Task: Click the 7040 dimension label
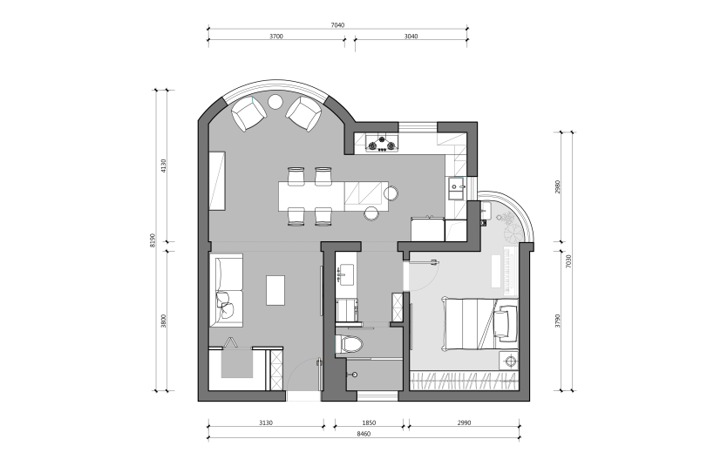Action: [337, 25]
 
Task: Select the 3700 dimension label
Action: [276, 37]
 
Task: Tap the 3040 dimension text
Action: [411, 37]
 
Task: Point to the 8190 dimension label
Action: [153, 240]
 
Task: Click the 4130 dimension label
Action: [163, 166]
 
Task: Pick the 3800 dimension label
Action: [163, 321]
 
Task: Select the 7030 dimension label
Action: [568, 261]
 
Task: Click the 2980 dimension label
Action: [558, 187]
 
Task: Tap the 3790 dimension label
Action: [558, 321]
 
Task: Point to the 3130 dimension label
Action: [266, 422]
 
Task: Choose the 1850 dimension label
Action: [369, 422]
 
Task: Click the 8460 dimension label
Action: [364, 434]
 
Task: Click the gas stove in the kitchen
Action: [383, 143]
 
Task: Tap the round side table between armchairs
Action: [275, 101]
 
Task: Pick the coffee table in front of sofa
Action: [275, 291]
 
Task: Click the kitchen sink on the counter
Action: [456, 188]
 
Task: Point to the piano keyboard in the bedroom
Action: [511, 271]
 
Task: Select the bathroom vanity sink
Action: [346, 274]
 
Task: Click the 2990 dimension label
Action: [464, 422]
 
